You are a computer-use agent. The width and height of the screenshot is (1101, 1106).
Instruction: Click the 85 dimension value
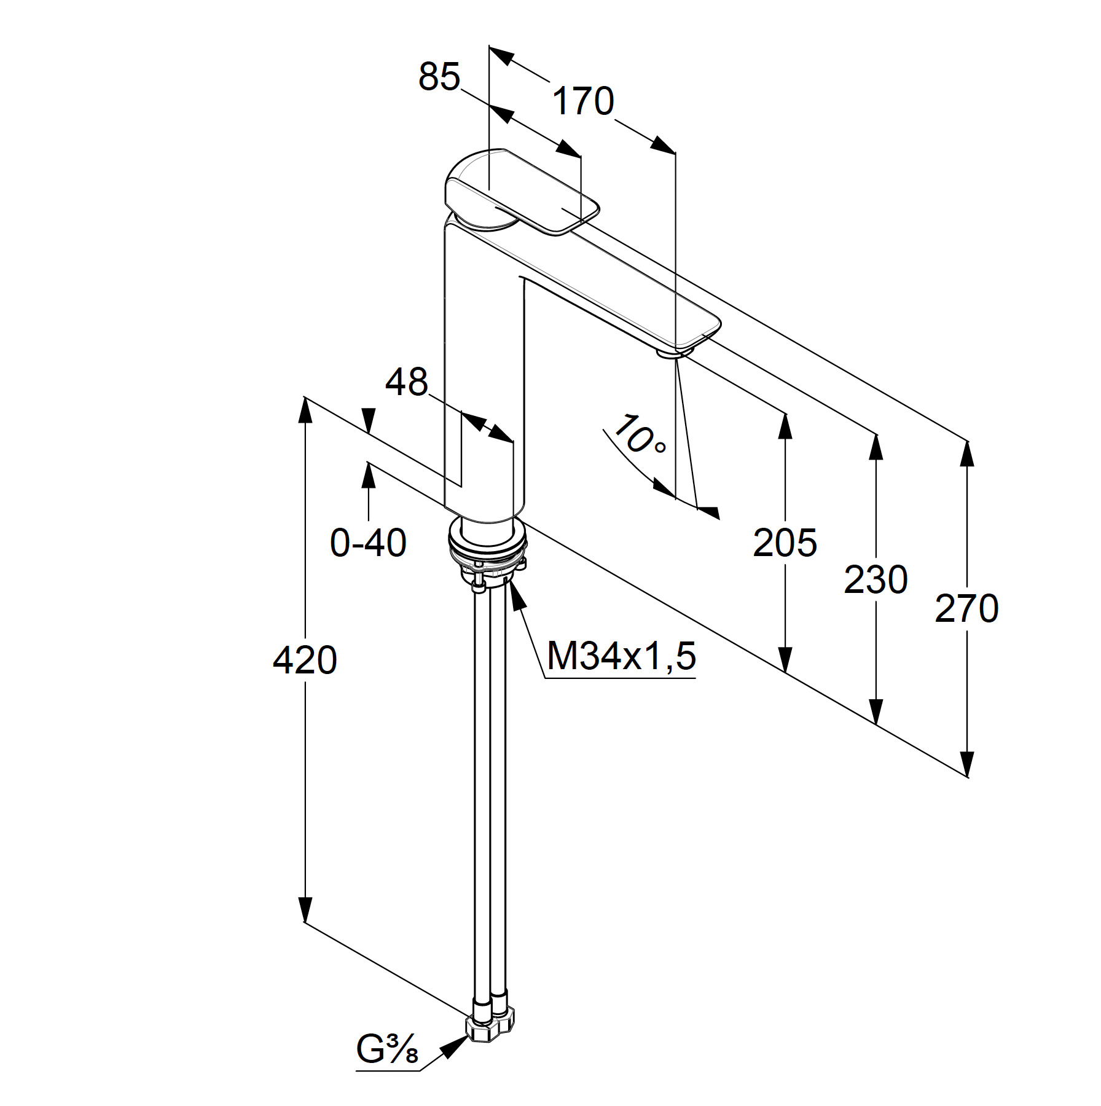[x=439, y=78]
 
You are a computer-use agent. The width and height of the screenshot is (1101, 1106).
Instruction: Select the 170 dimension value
[x=583, y=101]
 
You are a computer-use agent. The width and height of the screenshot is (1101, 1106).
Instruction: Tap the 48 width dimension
[x=406, y=382]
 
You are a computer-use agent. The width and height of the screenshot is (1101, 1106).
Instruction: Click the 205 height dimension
[x=785, y=543]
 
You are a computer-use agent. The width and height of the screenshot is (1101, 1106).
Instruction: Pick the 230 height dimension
[x=876, y=579]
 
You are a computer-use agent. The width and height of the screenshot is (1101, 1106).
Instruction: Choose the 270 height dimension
[x=966, y=609]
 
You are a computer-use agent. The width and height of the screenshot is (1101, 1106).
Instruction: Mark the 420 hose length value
[x=305, y=661]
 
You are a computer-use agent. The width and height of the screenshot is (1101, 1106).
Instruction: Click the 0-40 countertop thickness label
[x=368, y=543]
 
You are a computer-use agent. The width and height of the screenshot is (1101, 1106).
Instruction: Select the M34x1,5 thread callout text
[x=621, y=655]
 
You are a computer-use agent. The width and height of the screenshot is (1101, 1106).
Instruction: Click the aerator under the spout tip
[x=675, y=351]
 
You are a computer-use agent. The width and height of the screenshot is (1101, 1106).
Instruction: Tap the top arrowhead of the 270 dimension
[x=967, y=455]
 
